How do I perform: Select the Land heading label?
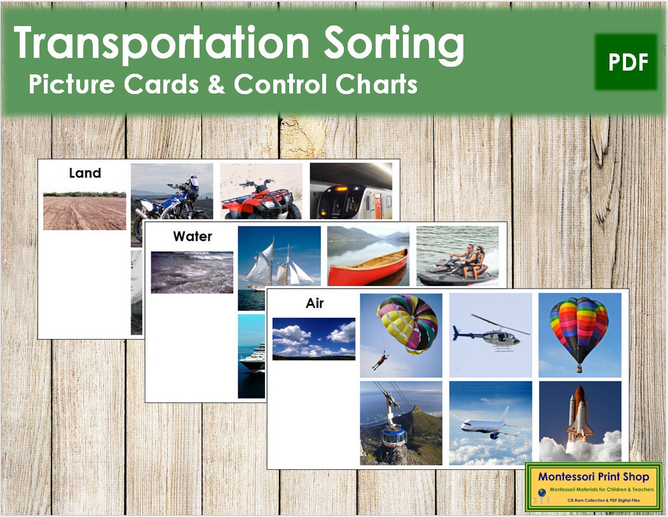tap(85, 172)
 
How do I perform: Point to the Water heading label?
tap(192, 236)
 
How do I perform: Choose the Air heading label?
tap(315, 303)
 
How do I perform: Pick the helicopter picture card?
tap(490, 334)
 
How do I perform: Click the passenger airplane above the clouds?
tap(490, 422)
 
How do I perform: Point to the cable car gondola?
tap(400, 422)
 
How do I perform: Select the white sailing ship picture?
tap(280, 261)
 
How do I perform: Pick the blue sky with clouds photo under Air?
tap(313, 338)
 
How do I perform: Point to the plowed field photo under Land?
tap(85, 211)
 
